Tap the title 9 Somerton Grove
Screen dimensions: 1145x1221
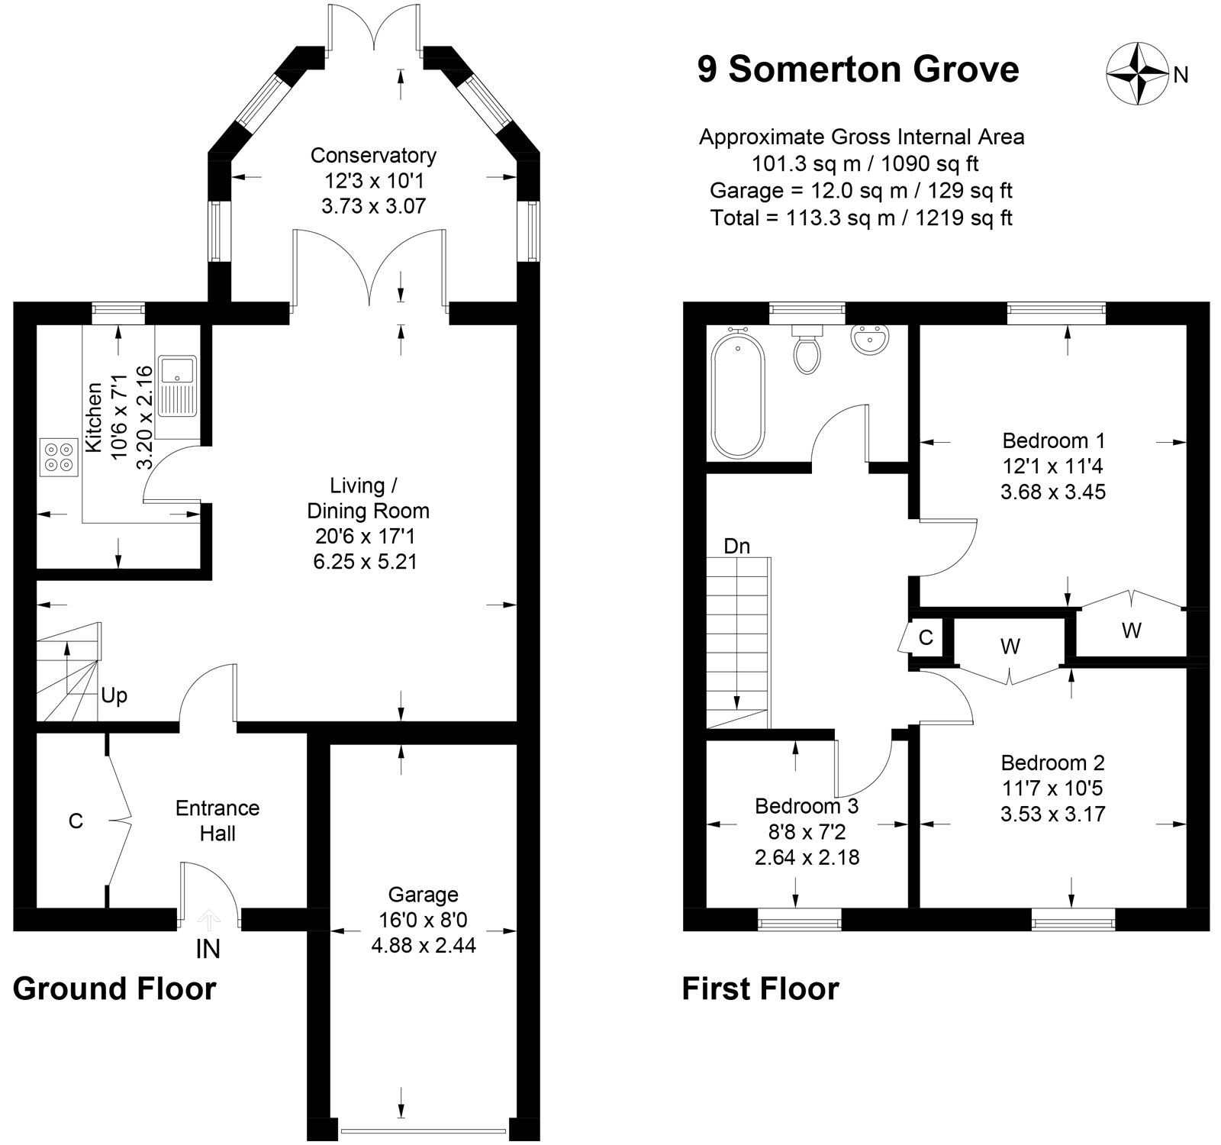click(858, 69)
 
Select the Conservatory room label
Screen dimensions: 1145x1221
click(373, 156)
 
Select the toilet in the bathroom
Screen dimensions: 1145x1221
click(807, 350)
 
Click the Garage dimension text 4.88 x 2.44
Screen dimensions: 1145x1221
click(423, 946)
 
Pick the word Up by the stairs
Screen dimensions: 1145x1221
click(114, 696)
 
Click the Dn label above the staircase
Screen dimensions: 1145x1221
click(736, 547)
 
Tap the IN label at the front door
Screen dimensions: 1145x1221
click(208, 949)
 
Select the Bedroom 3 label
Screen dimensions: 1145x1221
click(807, 806)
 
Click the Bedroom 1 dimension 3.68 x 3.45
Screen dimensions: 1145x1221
click(1052, 492)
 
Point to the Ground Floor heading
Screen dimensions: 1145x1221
click(114, 989)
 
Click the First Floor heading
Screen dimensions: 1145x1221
click(760, 989)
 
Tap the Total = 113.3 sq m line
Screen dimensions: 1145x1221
click(861, 218)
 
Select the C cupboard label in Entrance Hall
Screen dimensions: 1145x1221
click(76, 821)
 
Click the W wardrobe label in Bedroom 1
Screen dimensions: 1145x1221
click(1131, 631)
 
